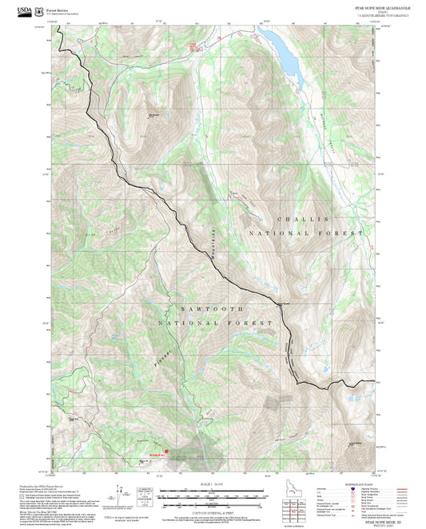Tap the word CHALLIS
pyautogui.click(x=302, y=218)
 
